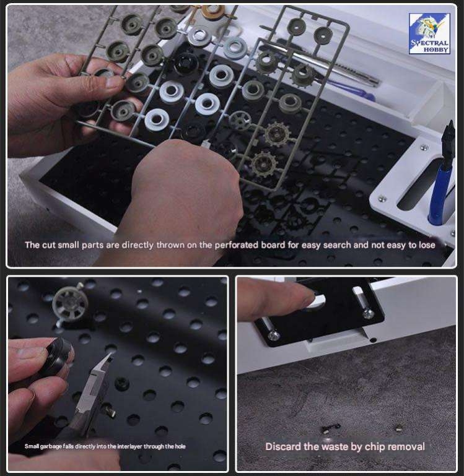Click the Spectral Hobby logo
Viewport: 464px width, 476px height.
pos(429,33)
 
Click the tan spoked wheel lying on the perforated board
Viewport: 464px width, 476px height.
pos(69,303)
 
